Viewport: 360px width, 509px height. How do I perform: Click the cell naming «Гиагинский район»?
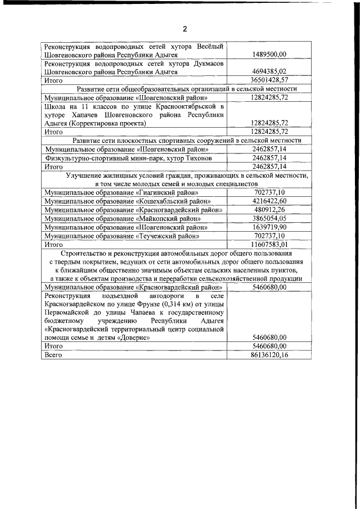coord(121,192)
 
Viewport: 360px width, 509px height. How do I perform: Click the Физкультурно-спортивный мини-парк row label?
coord(121,158)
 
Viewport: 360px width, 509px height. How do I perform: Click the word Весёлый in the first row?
coord(209,46)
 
